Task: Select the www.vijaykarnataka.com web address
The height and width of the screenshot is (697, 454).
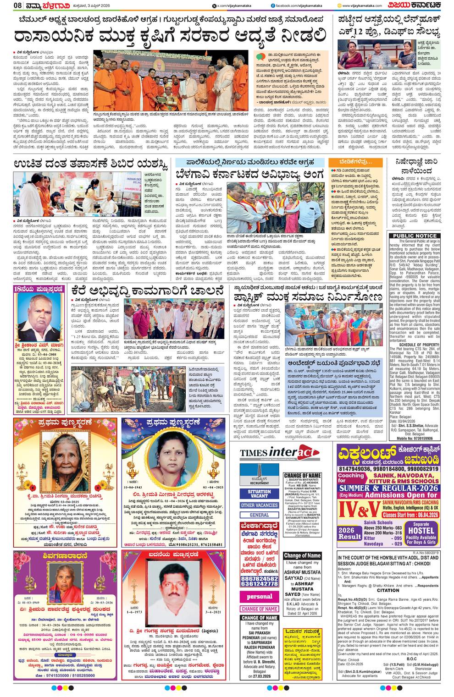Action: point(362,5)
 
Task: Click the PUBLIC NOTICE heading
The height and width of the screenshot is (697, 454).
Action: point(415,236)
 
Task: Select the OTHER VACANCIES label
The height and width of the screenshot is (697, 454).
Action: point(259,505)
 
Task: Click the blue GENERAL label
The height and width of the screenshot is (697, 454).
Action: point(259,515)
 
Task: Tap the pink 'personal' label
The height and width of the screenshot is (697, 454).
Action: point(259,597)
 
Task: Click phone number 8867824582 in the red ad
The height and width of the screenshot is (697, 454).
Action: point(259,578)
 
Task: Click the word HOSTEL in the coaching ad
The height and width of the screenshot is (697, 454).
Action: point(421,531)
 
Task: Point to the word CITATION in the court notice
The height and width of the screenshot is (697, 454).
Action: point(388,591)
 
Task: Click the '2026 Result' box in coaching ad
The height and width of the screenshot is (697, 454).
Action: point(350,533)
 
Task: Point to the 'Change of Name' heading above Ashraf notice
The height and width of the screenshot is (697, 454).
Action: point(302,555)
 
